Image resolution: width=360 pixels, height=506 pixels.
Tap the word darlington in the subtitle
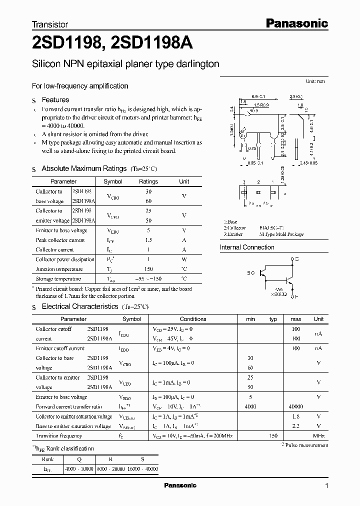point(195,64)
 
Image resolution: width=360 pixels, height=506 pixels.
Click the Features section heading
point(55,100)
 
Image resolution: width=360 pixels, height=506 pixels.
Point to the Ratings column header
point(148,181)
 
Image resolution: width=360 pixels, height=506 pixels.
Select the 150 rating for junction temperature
point(148,269)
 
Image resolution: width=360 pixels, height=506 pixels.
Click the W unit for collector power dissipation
point(184,259)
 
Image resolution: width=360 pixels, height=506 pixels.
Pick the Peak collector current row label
point(60,240)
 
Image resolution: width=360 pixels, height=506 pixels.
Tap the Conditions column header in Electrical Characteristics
point(192,319)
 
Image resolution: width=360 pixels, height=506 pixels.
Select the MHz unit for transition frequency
point(318,436)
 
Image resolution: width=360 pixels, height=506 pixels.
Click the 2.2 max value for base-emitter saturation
point(295,426)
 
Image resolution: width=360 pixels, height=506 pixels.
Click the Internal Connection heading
point(247,247)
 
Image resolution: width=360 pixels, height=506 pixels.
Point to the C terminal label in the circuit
point(297,259)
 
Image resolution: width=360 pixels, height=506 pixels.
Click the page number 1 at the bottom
point(326,486)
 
